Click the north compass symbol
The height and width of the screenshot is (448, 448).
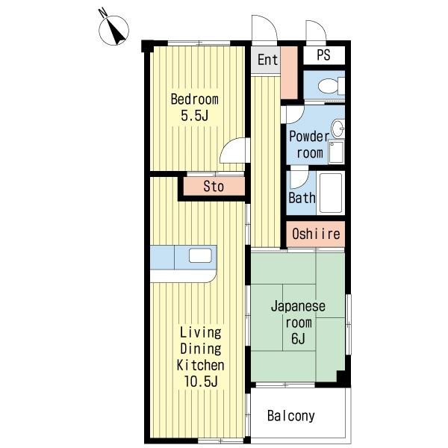[x=113, y=31]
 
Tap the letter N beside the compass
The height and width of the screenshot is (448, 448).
[x=102, y=13]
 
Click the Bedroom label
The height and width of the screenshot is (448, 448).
[x=195, y=99]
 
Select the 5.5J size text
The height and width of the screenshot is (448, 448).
[x=195, y=116]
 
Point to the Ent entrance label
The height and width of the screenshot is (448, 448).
[x=267, y=60]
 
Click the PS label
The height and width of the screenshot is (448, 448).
[x=324, y=55]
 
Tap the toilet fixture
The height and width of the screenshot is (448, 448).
[x=332, y=86]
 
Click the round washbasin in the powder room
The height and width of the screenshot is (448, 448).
[x=338, y=129]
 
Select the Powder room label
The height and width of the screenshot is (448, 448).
[x=309, y=145]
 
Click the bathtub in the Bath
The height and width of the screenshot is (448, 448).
[x=331, y=193]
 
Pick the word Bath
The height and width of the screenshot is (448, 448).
[x=302, y=198]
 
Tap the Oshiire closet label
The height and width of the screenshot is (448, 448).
[x=316, y=234]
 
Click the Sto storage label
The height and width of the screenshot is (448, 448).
[x=214, y=187]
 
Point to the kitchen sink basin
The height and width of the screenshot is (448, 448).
[x=200, y=255]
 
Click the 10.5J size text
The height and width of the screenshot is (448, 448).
[x=201, y=381]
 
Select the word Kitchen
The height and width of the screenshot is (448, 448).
[x=200, y=365]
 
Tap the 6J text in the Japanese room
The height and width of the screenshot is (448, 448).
[x=298, y=339]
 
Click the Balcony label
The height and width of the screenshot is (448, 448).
[x=291, y=416]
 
